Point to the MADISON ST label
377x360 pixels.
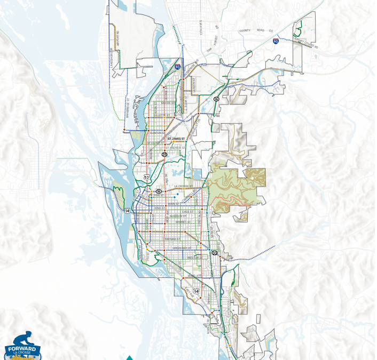pyautogui.click(x=178, y=216)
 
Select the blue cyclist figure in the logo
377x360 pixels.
pyautogui.click(x=22, y=339)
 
